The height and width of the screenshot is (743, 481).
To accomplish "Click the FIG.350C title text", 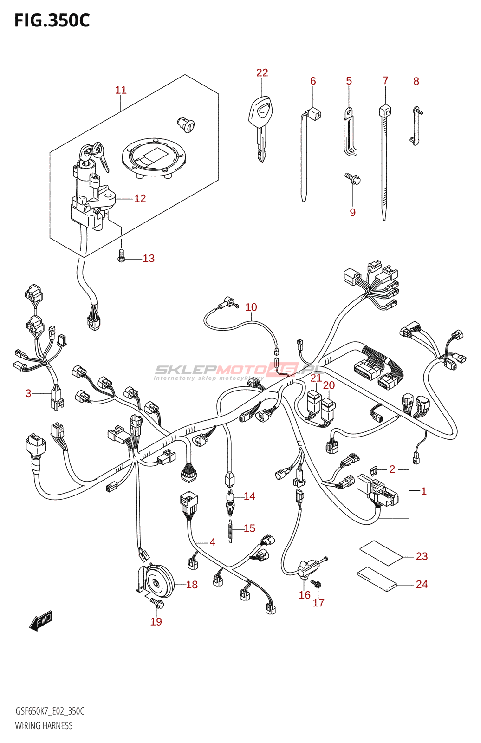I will (x=52, y=20).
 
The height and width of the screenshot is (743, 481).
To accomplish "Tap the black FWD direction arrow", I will (x=41, y=621).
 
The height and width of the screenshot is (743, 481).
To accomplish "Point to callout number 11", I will (x=121, y=90).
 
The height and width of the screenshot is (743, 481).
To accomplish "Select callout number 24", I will (x=422, y=584).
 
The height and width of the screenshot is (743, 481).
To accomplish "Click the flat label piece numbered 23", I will (x=381, y=553).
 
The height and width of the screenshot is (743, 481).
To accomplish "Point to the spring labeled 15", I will (x=231, y=530).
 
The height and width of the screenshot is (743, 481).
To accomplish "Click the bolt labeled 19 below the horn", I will (x=157, y=603).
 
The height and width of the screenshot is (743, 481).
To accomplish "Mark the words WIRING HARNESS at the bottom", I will (x=44, y=725).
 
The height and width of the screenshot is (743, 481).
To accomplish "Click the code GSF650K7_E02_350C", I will (x=50, y=711).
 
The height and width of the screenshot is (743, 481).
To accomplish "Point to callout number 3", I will (x=28, y=393).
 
